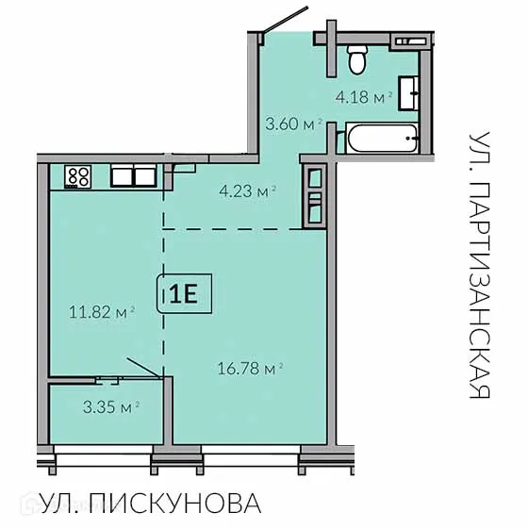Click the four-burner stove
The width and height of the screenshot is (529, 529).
(x=77, y=175)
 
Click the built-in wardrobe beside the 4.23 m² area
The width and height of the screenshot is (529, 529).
(x=312, y=195)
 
